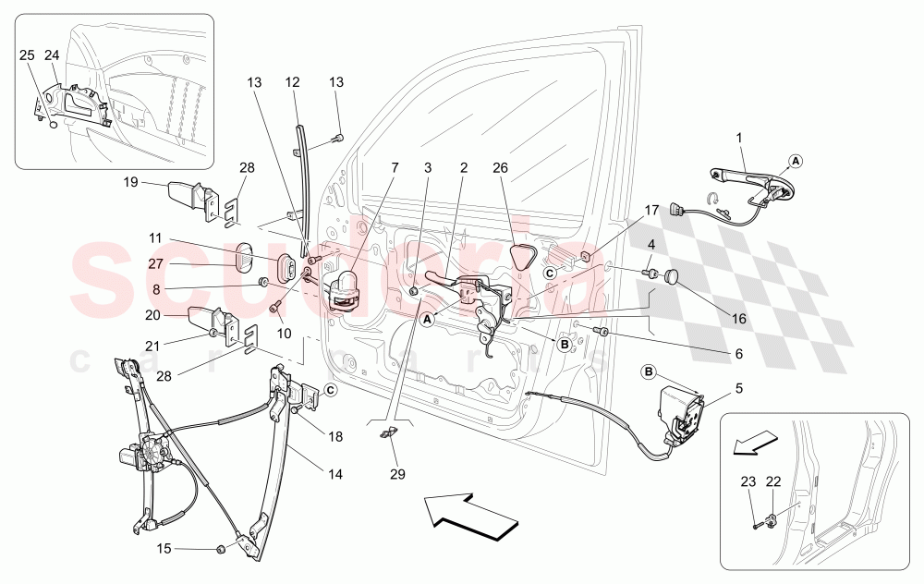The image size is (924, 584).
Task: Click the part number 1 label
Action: [739, 139]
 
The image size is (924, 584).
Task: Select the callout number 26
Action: [501, 168]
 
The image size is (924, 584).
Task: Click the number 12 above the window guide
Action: [293, 82]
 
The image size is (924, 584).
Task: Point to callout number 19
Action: [131, 182]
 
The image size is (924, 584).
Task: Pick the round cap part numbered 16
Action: [672, 275]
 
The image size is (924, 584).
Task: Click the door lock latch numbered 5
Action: [681, 416]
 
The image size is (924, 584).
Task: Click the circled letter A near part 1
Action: [796, 160]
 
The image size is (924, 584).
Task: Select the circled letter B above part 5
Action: [649, 372]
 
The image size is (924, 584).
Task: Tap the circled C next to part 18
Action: [330, 389]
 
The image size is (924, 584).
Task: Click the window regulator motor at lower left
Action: [137, 456]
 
